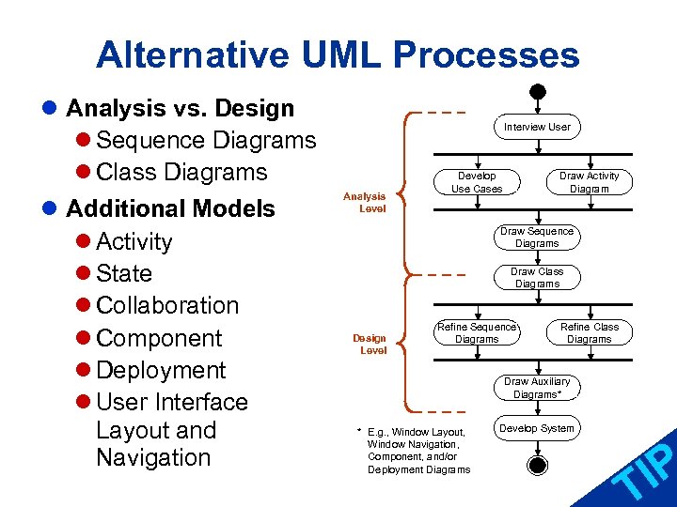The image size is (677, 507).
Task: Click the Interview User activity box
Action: pos(537,127)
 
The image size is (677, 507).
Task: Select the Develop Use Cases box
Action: pos(477,182)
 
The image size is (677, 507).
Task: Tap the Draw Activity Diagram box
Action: pos(590,182)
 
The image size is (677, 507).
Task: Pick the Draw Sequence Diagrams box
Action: pos(537,238)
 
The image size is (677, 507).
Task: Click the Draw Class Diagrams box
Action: pos(537,278)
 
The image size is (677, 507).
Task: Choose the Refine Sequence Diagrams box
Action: pos(477,333)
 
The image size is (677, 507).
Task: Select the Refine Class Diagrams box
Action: pos(590,333)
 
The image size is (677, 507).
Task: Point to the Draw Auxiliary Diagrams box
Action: pos(537,388)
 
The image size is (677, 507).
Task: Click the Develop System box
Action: pos(537,429)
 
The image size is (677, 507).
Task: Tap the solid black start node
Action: pos(537,93)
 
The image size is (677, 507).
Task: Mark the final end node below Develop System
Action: pos(537,465)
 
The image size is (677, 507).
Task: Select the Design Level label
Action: pos(370,344)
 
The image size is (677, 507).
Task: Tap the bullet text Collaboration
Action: pos(167,306)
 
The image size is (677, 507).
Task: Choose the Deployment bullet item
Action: pos(161,370)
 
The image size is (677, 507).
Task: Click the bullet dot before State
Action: pos(84,274)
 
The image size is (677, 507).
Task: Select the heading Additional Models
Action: pos(170,208)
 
